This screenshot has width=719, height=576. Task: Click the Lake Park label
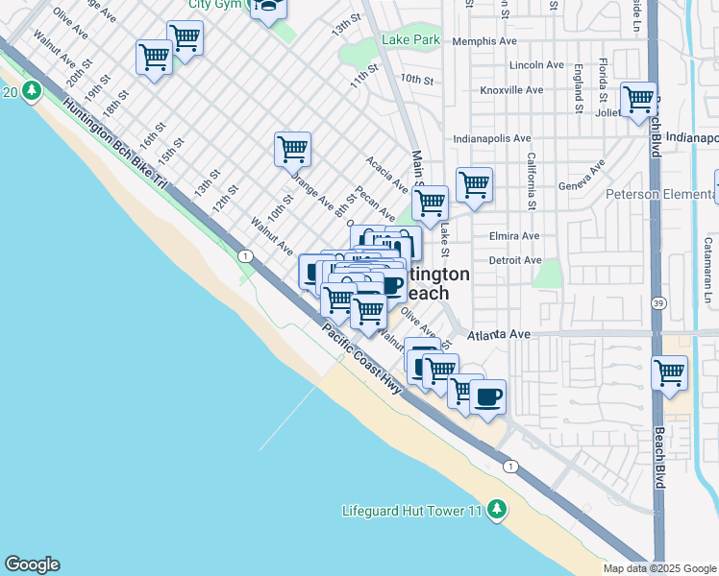pos(410,39)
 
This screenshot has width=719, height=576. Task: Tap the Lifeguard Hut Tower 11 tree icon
pos(496,509)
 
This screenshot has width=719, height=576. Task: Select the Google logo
pos(32,564)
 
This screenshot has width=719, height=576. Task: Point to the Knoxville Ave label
pos(512,90)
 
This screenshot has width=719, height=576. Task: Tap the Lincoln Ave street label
pos(537,65)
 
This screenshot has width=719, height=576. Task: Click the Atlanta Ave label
pos(500,334)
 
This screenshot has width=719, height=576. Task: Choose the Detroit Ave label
pos(515,260)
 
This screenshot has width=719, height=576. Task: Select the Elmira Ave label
pos(514,236)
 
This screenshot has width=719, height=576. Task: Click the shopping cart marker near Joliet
pos(638,99)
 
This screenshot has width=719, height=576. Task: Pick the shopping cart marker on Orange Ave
pos(292,149)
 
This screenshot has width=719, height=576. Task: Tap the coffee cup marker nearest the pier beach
pos(487,396)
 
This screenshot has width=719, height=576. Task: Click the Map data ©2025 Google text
pos(658,567)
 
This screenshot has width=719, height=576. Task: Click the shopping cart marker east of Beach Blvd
pos(669,373)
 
